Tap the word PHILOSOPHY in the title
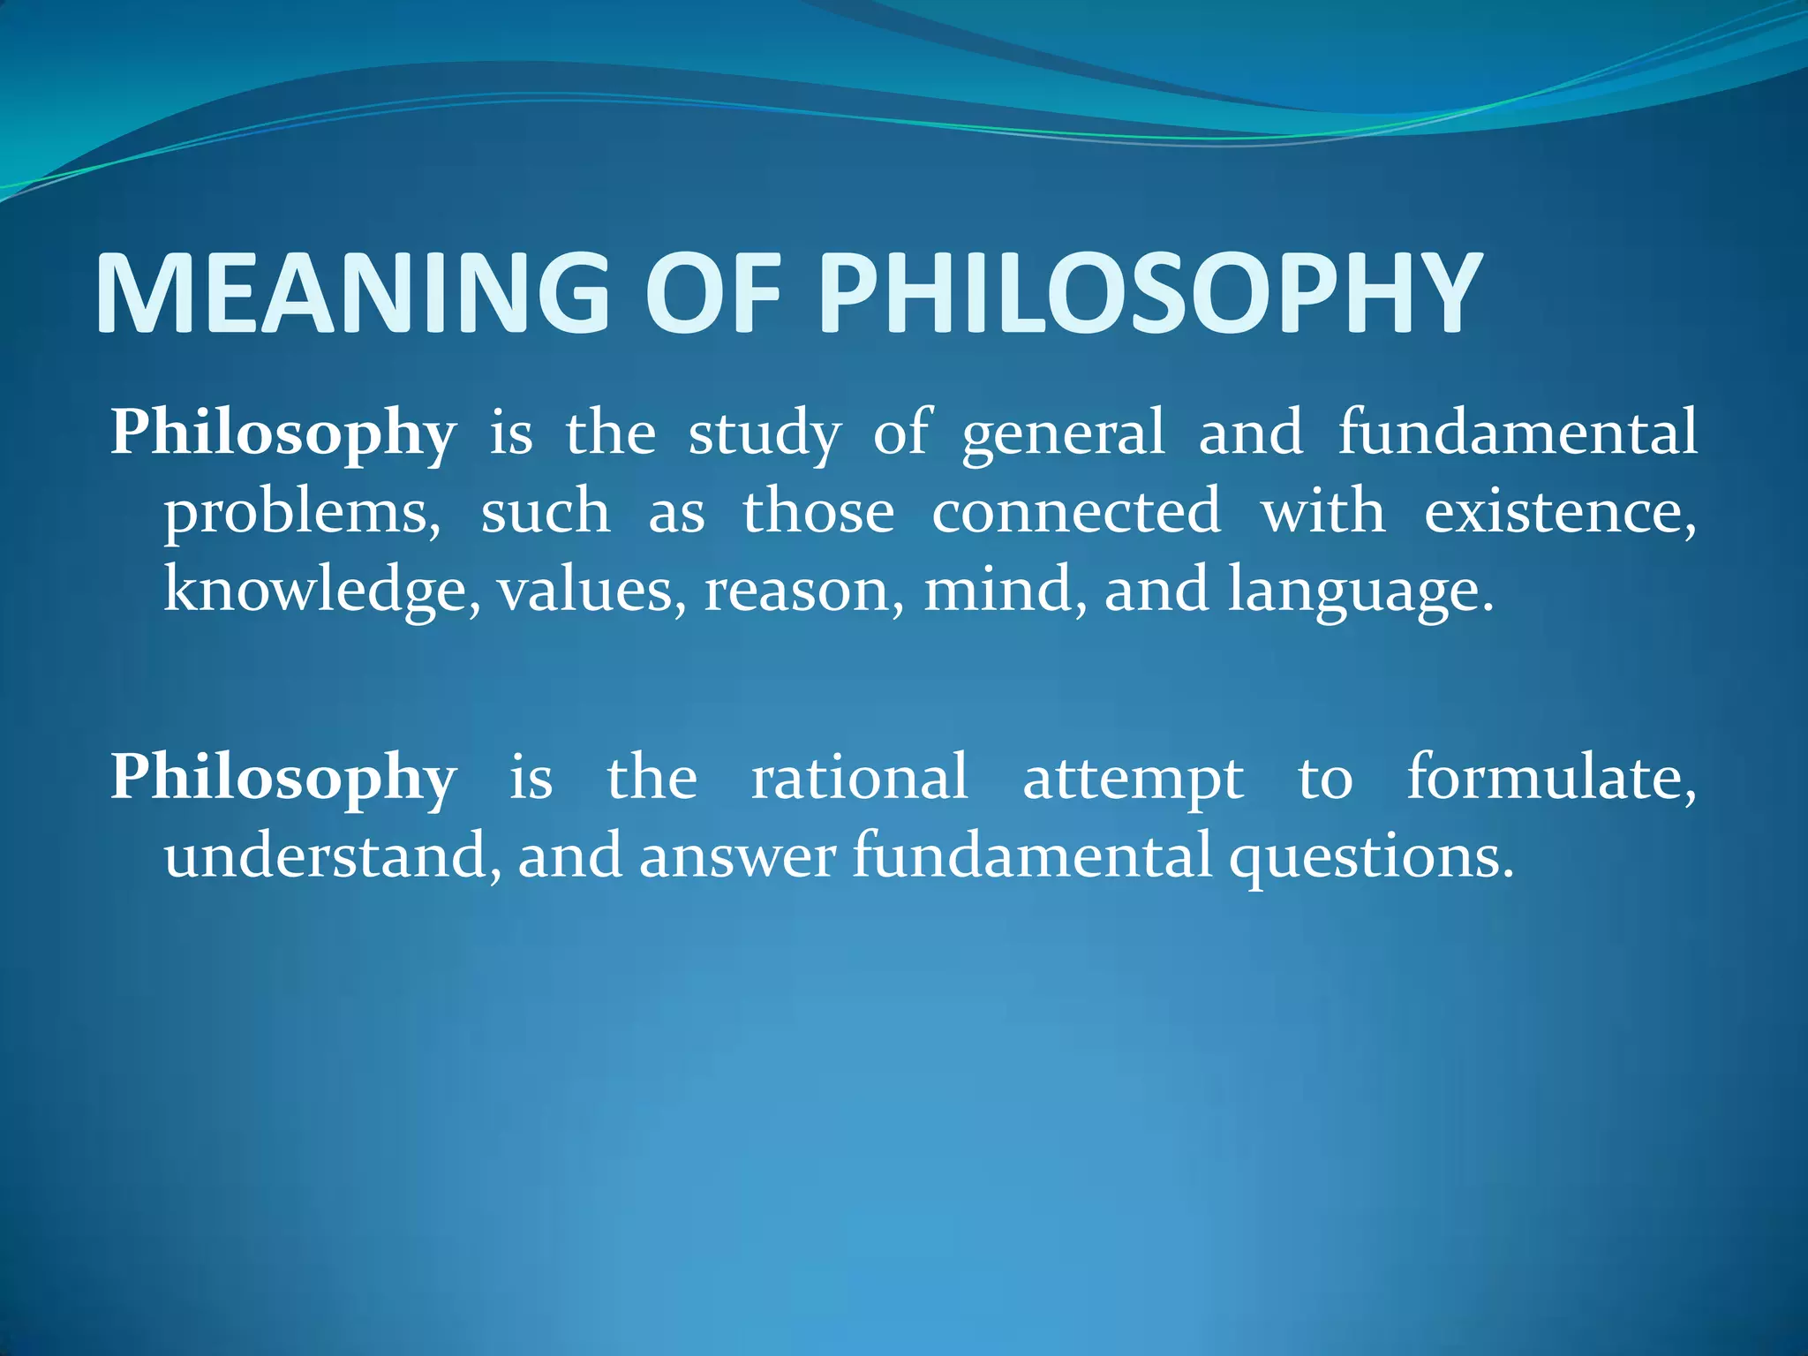(1149, 293)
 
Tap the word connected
(1076, 512)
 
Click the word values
(591, 591)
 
